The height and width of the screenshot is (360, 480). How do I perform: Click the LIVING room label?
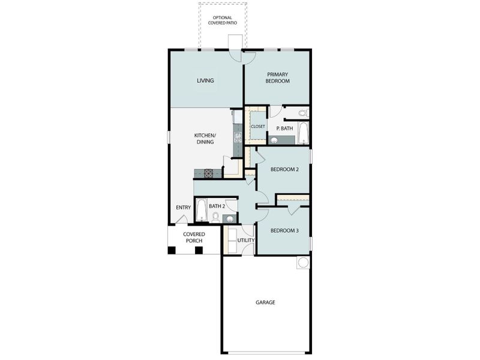pyautogui.click(x=205, y=80)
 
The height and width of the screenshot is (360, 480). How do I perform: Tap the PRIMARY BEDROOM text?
pyautogui.click(x=278, y=77)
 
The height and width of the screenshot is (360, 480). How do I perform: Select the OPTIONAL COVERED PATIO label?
pyautogui.click(x=223, y=20)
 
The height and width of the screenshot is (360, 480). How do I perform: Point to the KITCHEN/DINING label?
pyautogui.click(x=205, y=139)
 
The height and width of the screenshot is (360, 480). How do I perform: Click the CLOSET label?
pyautogui.click(x=258, y=127)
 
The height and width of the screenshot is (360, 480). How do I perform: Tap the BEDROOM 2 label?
pyautogui.click(x=284, y=169)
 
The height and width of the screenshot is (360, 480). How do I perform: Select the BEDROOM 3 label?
pyautogui.click(x=284, y=230)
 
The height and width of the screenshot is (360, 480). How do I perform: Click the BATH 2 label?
pyautogui.click(x=217, y=206)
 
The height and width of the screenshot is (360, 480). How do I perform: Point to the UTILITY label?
pyautogui.click(x=246, y=241)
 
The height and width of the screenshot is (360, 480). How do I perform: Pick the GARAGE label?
pyautogui.click(x=265, y=302)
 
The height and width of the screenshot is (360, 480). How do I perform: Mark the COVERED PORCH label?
pyautogui.click(x=194, y=237)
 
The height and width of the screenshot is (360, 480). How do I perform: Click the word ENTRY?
pyautogui.click(x=183, y=208)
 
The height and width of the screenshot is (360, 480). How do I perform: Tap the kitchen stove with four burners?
pyautogui.click(x=209, y=173)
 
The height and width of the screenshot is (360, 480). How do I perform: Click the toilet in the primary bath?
pyautogui.click(x=302, y=113)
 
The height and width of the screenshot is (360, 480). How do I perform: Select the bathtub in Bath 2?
pyautogui.click(x=201, y=211)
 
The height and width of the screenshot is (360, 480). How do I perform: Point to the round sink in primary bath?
pyautogui.click(x=274, y=140)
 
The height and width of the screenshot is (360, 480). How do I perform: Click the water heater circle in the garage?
pyautogui.click(x=303, y=262)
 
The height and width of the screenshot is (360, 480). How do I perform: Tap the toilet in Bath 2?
pyautogui.click(x=215, y=217)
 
